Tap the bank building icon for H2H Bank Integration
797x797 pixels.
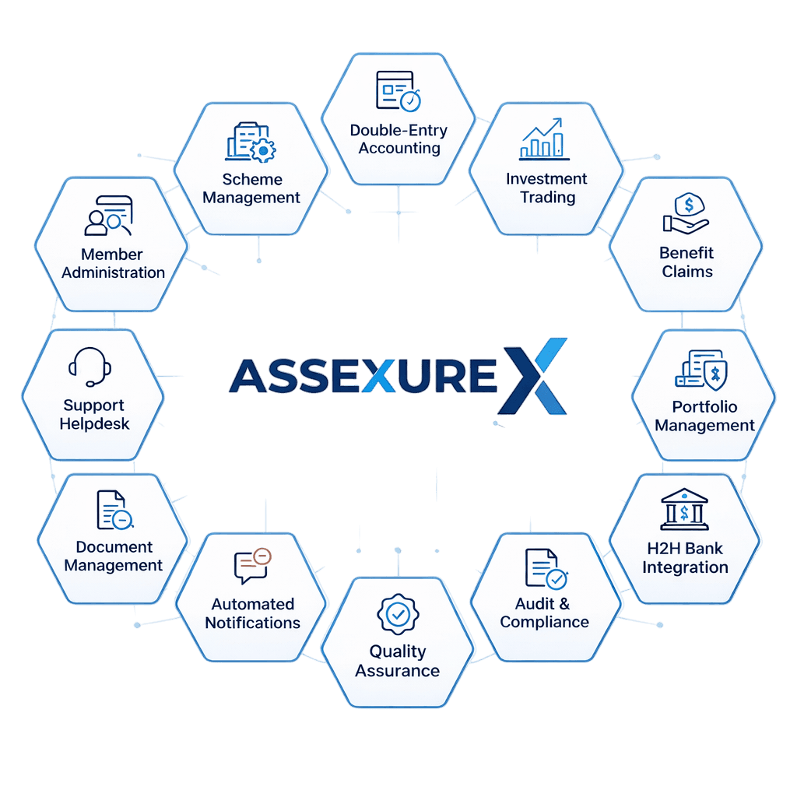(x=684, y=510)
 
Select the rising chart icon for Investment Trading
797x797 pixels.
(x=543, y=139)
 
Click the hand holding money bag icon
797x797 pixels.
(x=686, y=213)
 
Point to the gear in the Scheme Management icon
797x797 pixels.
(x=263, y=150)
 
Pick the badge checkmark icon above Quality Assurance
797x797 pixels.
(x=398, y=614)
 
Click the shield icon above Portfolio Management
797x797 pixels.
(x=714, y=374)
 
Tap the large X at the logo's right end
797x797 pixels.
(x=532, y=376)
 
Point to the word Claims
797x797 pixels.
(x=687, y=272)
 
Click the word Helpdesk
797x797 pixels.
(x=94, y=424)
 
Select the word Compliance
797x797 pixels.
(x=544, y=622)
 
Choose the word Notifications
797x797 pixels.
(x=253, y=623)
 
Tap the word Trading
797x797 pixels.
(x=547, y=197)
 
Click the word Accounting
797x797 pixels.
(x=399, y=149)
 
